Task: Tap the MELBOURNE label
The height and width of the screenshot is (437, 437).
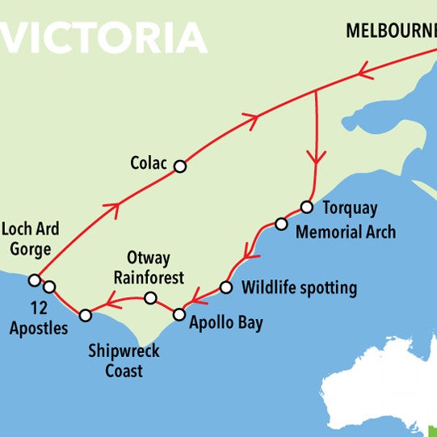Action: click(x=391, y=32)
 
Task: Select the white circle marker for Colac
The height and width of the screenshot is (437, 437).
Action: click(x=180, y=166)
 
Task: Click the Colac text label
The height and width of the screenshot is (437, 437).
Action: click(x=148, y=164)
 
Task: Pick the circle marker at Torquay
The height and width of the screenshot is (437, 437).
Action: click(x=307, y=207)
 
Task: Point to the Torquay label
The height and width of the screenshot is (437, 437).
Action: click(x=350, y=208)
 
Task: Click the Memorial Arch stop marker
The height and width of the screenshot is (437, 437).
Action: click(x=281, y=224)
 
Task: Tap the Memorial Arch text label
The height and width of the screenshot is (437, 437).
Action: click(x=346, y=233)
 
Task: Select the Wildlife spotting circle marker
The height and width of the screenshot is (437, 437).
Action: click(x=226, y=288)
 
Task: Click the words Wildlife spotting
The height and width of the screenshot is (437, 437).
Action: click(x=299, y=288)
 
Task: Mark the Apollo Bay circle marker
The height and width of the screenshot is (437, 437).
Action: click(x=179, y=313)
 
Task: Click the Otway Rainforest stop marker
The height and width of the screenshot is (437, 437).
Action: click(x=150, y=298)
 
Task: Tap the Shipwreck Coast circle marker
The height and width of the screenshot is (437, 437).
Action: click(x=86, y=315)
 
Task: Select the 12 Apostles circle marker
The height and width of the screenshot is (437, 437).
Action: click(x=49, y=287)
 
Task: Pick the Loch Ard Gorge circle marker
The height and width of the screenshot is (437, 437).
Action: click(x=34, y=280)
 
